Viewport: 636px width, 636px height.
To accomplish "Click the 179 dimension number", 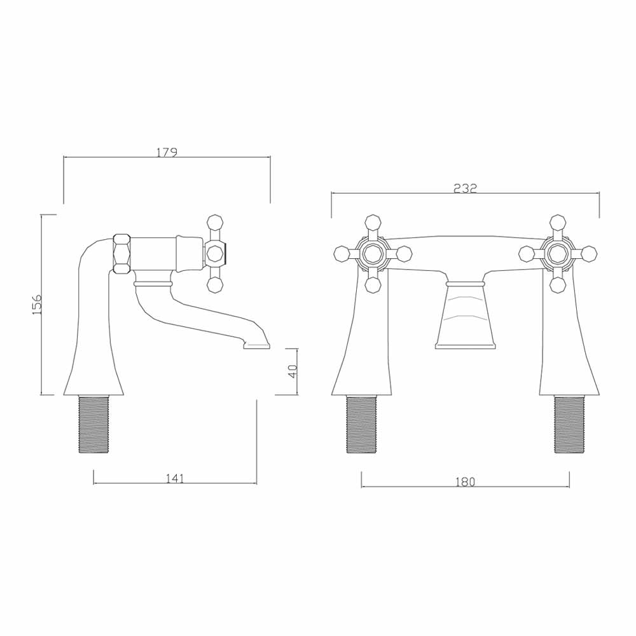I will click(167, 153).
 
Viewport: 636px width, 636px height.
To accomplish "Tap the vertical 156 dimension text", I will click(37, 305).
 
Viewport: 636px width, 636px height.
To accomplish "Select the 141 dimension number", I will click(175, 478).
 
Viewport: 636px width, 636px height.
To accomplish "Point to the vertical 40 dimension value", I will click(293, 371).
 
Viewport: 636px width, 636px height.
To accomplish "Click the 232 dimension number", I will click(465, 188).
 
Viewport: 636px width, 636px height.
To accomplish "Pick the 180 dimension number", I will click(466, 482).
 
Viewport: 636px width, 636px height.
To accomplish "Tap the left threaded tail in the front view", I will click(361, 424).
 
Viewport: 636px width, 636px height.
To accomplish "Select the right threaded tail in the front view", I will click(569, 424).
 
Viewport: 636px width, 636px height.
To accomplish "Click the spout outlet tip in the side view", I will click(256, 345).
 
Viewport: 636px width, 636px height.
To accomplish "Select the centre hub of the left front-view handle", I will click(373, 254).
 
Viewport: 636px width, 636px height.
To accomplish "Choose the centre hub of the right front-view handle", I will click(558, 254).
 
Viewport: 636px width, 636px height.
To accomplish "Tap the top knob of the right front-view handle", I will click(558, 221).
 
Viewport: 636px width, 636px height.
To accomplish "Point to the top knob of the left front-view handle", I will click(373, 221).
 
